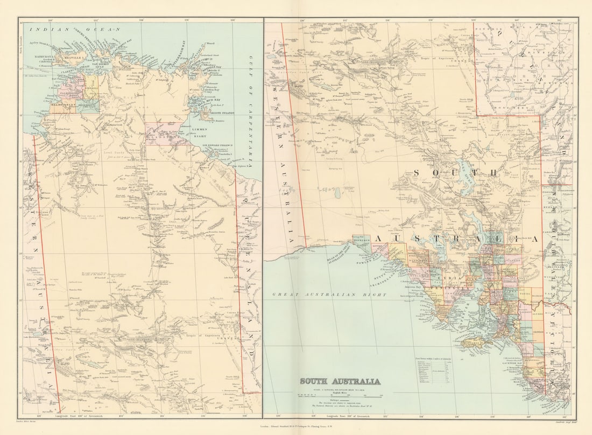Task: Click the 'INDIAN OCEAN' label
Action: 75,30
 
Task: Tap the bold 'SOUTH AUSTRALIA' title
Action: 340,381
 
